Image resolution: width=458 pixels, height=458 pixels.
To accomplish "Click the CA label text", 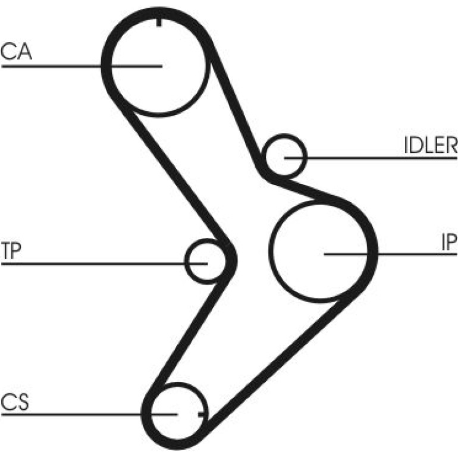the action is click(x=16, y=52).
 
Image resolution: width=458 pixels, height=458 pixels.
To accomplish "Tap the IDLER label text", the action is click(x=431, y=145).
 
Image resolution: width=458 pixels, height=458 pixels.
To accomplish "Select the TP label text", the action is click(x=11, y=250).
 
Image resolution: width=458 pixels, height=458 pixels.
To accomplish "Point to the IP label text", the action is click(x=449, y=243).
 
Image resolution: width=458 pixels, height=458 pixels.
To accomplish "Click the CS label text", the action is click(x=15, y=402).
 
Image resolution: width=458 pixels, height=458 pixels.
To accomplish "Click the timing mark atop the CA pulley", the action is click(x=159, y=23).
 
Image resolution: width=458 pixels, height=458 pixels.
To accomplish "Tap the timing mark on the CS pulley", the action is click(x=202, y=414).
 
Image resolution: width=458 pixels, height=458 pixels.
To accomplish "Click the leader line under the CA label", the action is click(x=82, y=66).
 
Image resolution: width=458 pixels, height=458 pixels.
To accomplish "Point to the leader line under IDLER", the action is click(x=371, y=158).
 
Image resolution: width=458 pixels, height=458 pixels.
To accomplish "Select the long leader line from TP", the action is click(x=105, y=263).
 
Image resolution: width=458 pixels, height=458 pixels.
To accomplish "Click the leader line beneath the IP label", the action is click(x=390, y=255).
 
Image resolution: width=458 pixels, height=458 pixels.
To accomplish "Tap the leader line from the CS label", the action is click(x=89, y=415).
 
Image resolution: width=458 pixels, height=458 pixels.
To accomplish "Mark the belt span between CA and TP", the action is click(x=175, y=175).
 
